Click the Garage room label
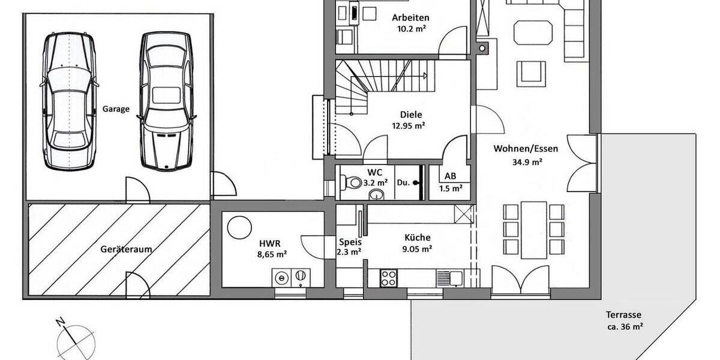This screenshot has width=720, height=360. (x=116, y=109)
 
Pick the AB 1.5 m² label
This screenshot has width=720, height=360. (x=449, y=182)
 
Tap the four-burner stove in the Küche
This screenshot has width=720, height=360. (x=388, y=277)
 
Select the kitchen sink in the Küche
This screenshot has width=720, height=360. (x=450, y=277)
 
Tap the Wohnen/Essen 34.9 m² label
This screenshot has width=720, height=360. (x=518, y=155)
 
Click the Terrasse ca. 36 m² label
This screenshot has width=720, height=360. (x=624, y=321)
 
